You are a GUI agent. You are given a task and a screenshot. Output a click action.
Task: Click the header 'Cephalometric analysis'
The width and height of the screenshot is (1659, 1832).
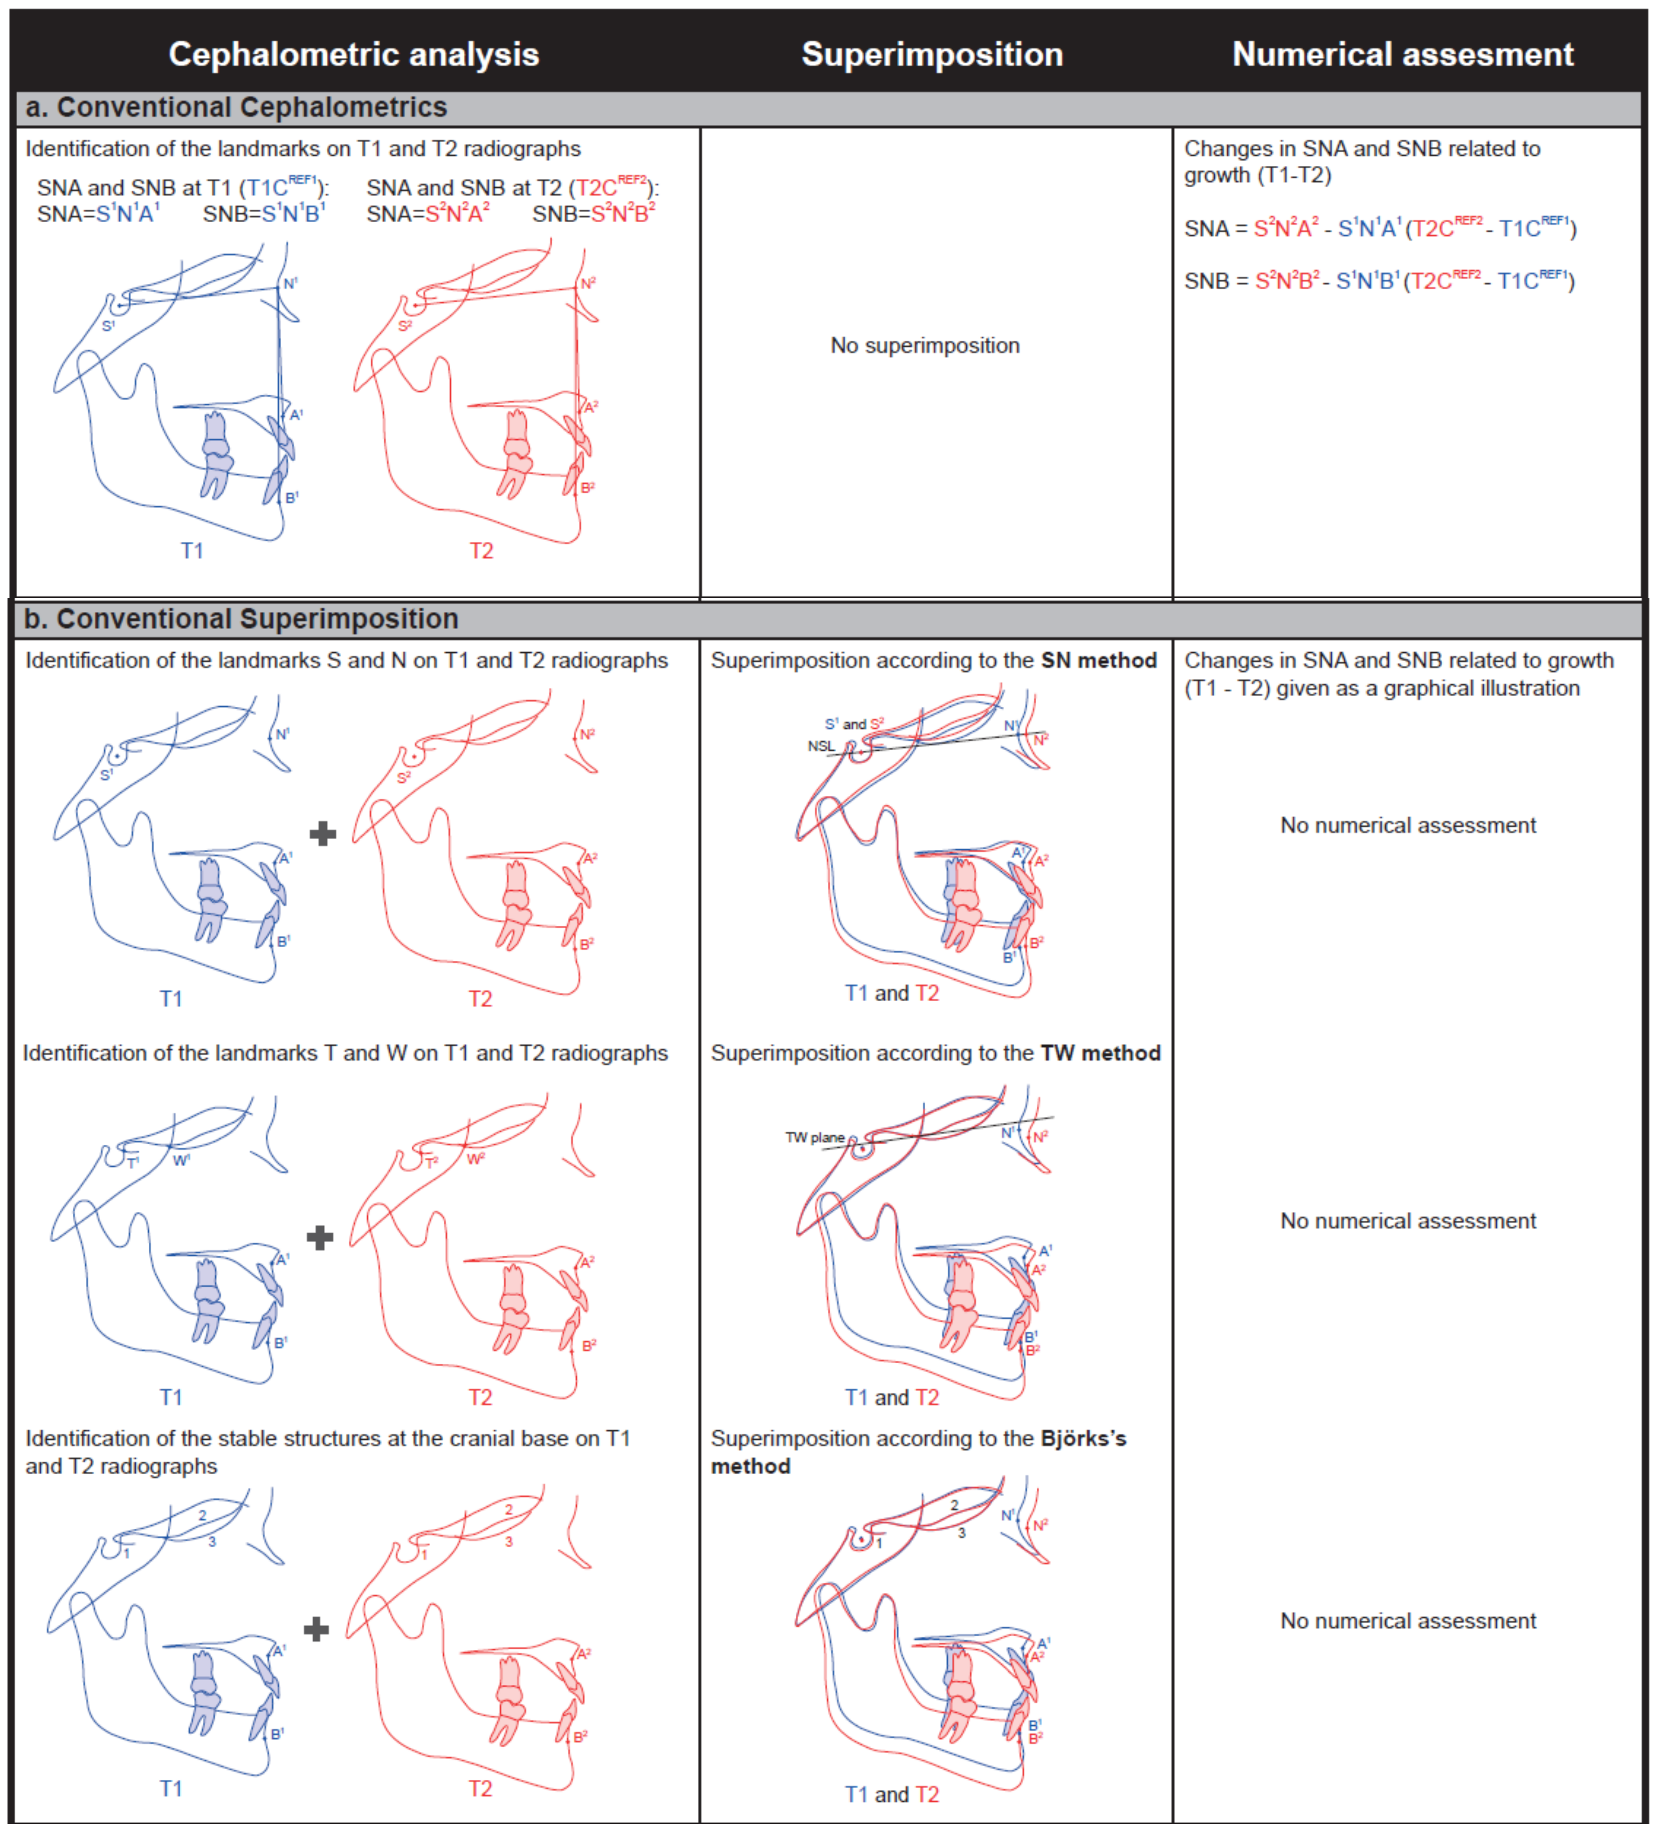(x=354, y=55)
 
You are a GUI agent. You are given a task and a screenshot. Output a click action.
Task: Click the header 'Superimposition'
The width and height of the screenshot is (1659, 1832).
(x=932, y=55)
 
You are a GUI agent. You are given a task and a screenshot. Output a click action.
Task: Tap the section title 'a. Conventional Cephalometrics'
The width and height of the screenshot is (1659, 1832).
(x=236, y=107)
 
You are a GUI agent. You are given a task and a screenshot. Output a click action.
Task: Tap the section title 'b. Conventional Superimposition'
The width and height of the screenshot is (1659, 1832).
(x=241, y=619)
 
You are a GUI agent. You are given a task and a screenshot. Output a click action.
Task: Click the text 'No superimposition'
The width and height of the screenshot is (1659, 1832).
(x=924, y=345)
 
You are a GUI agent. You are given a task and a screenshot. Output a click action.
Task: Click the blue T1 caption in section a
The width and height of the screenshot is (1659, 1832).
(x=192, y=551)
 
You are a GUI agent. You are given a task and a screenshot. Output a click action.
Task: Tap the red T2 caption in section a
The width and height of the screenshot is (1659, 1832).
(x=481, y=551)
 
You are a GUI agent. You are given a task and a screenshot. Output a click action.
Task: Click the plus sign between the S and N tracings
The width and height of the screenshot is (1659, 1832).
(x=323, y=834)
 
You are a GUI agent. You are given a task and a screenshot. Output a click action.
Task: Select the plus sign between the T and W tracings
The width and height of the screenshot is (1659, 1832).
(x=320, y=1237)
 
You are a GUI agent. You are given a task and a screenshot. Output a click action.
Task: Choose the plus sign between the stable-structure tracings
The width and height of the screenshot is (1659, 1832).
(x=317, y=1629)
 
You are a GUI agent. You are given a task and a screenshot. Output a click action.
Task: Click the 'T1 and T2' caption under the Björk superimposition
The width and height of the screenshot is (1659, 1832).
(x=891, y=1795)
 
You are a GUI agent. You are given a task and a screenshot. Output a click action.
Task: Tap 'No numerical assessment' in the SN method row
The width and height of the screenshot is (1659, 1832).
(x=1407, y=825)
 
